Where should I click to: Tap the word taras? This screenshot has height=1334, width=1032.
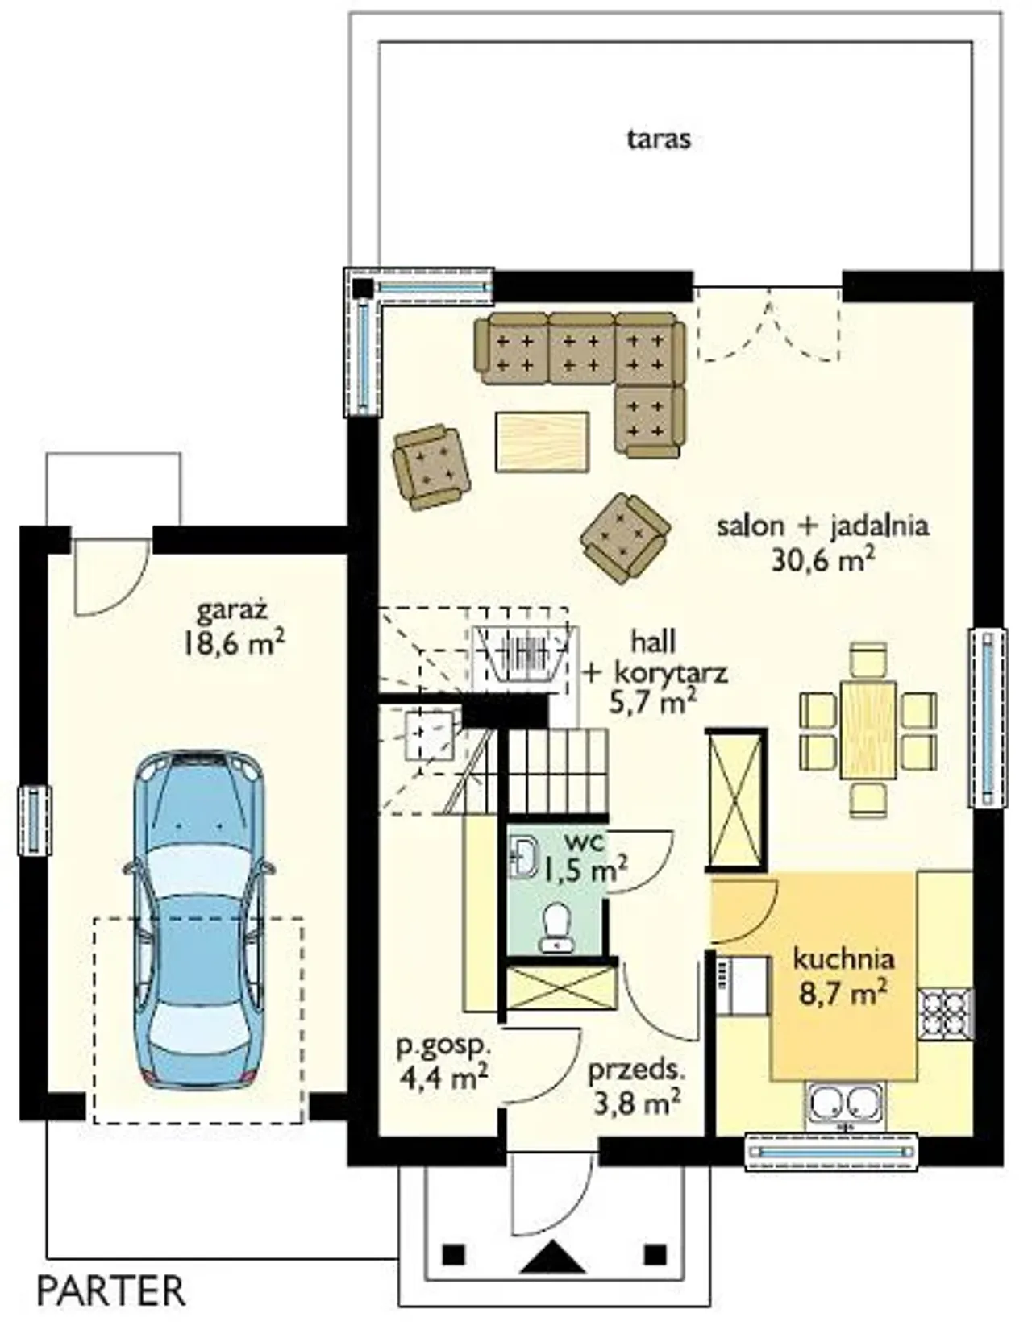tap(658, 139)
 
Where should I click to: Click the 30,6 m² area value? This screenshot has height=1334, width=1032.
tap(822, 560)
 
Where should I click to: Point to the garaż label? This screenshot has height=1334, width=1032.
tap(233, 612)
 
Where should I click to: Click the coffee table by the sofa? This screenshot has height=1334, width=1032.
tap(543, 442)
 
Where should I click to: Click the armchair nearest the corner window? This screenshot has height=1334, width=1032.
tap(432, 468)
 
